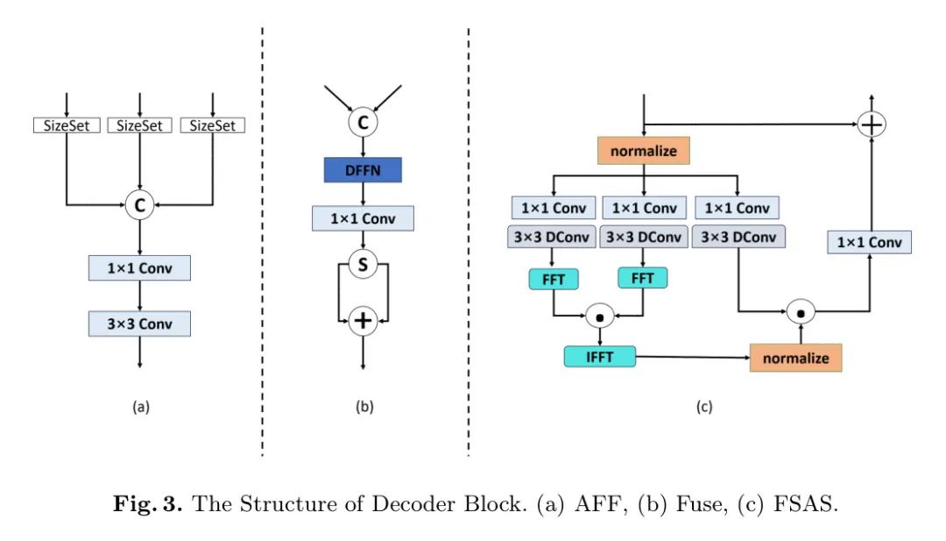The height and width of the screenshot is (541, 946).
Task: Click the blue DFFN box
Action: pyautogui.click(x=363, y=168)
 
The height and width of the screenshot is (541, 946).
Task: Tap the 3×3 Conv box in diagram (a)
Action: pyautogui.click(x=139, y=324)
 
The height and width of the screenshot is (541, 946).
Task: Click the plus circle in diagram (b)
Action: pyautogui.click(x=363, y=322)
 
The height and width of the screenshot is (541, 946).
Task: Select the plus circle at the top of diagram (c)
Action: pyautogui.click(x=871, y=125)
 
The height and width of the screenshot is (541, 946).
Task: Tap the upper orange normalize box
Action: pyautogui.click(x=644, y=150)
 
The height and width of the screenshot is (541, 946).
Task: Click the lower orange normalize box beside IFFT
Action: pyautogui.click(x=796, y=358)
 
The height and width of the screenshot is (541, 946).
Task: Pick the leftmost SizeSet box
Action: pyautogui.click(x=67, y=125)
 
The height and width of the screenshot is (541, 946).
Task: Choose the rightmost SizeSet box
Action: pyautogui.click(x=214, y=125)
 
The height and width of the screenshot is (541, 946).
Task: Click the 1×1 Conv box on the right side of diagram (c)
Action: pyautogui.click(x=870, y=242)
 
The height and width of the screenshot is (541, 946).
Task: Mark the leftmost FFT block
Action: pyautogui.click(x=553, y=278)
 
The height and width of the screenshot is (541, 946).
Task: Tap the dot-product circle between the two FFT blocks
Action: pyautogui.click(x=599, y=314)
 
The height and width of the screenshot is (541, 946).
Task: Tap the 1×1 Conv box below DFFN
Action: pyautogui.click(x=363, y=217)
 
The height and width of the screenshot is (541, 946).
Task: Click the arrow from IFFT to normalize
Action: pyautogui.click(x=693, y=356)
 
